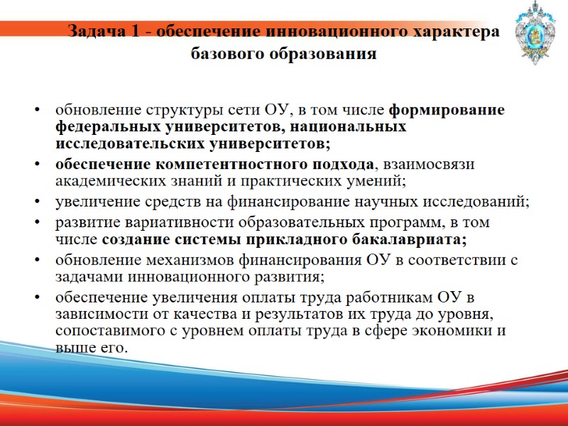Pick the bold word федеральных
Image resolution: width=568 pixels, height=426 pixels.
point(108,127)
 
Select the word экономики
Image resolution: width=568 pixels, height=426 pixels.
point(454,330)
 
